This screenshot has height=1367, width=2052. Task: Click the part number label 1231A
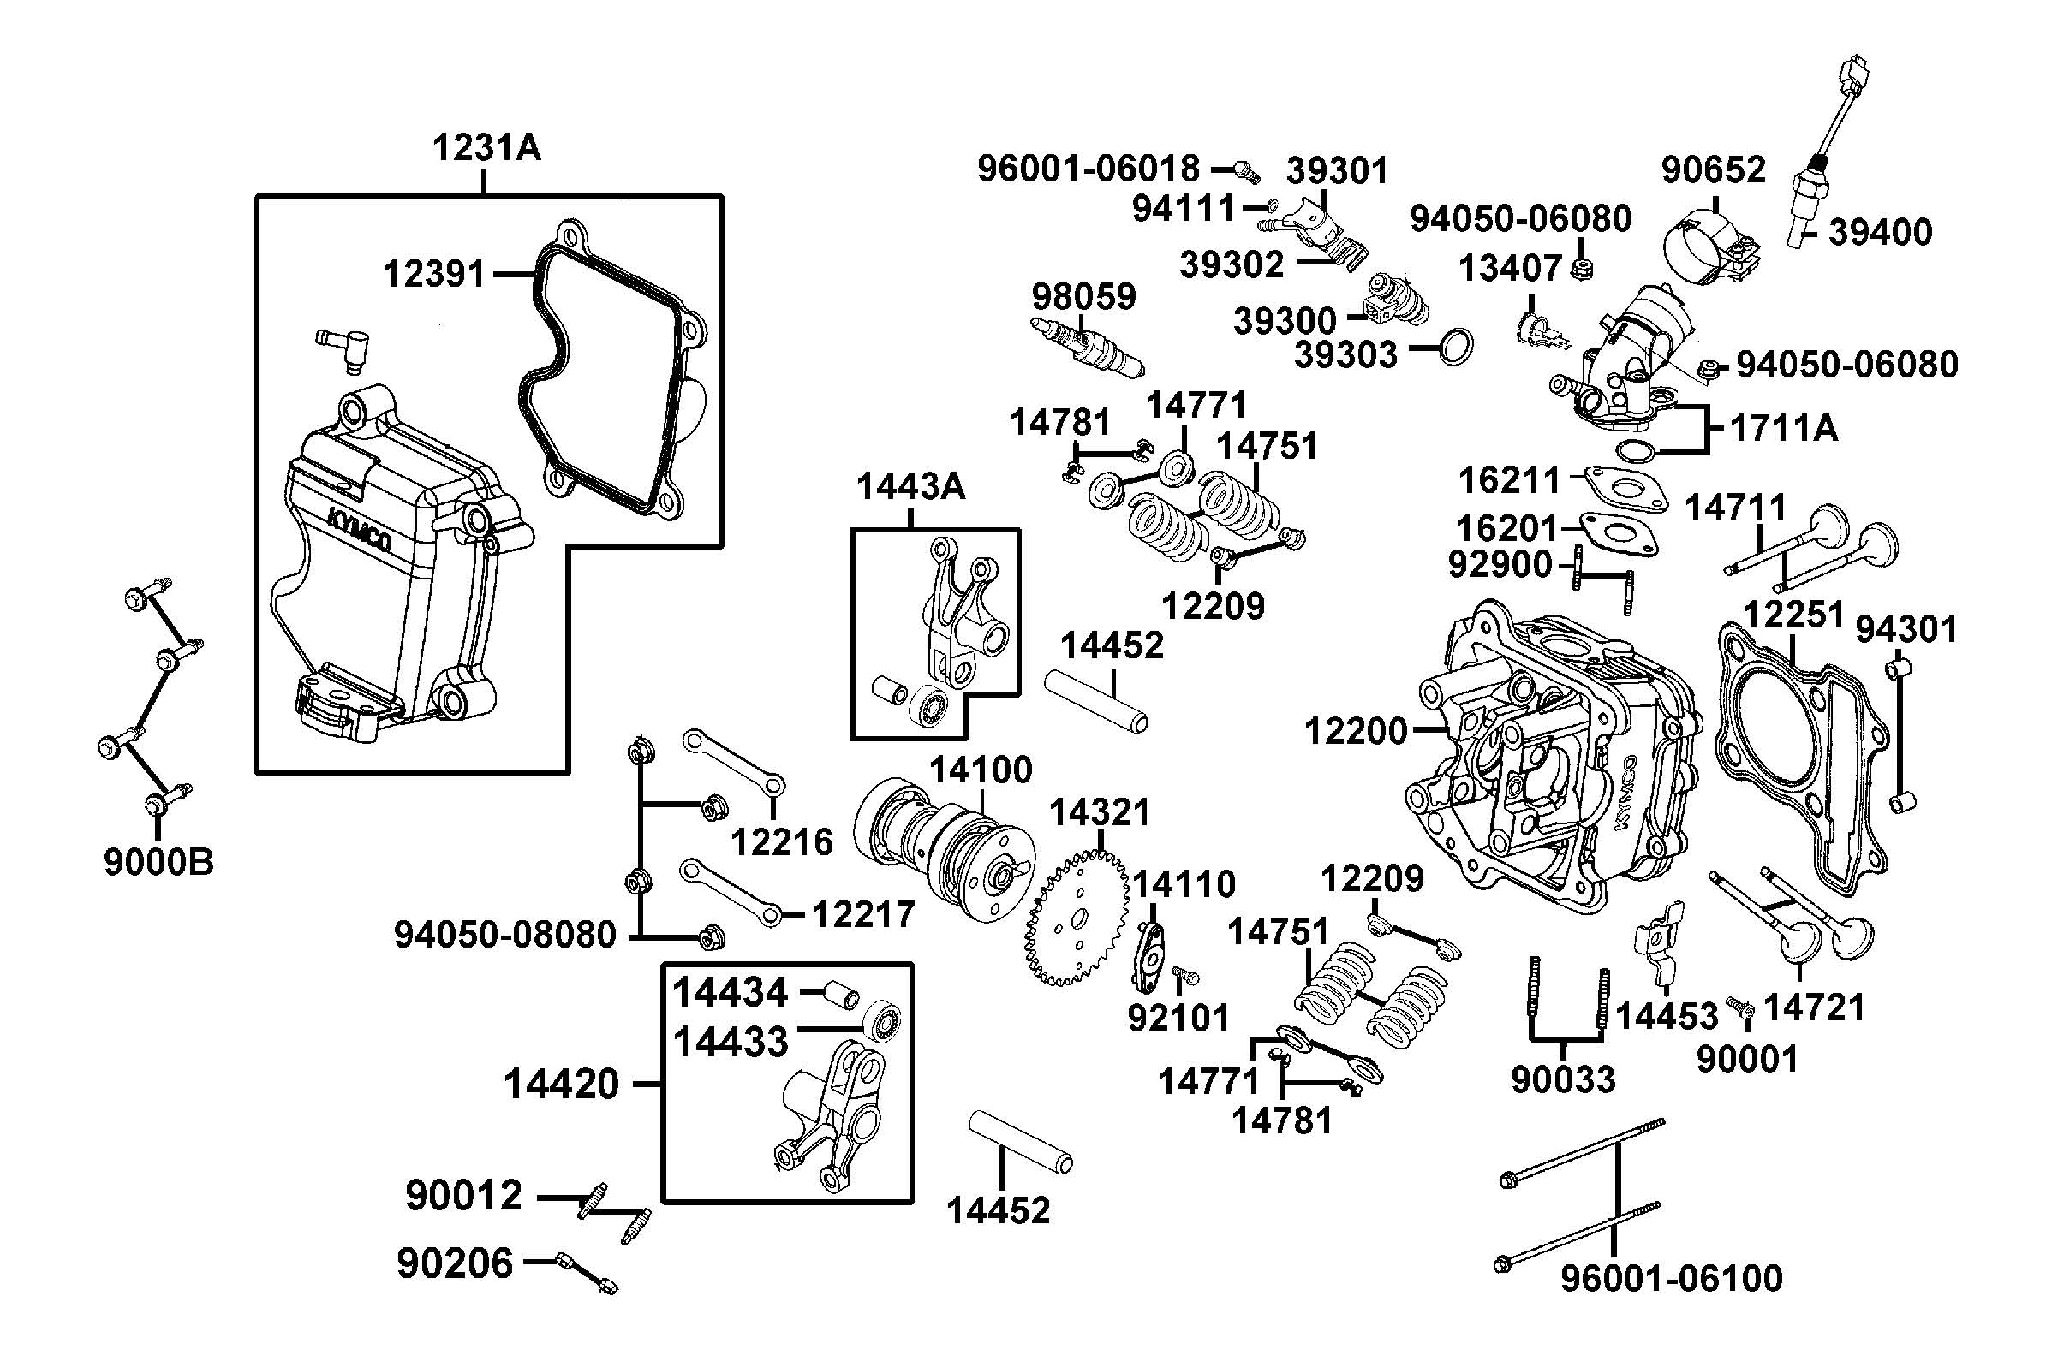tap(486, 148)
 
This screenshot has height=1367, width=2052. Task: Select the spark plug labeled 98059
tap(1087, 348)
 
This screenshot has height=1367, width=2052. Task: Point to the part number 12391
tap(433, 275)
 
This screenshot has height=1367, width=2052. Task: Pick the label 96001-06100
tap(1671, 1279)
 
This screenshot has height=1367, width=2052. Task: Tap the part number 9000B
tap(158, 862)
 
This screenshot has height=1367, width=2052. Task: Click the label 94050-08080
tap(505, 935)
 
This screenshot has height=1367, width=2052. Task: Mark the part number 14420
tap(561, 1085)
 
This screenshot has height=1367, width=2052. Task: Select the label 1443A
tap(910, 487)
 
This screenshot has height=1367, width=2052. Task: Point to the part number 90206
tap(456, 1263)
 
